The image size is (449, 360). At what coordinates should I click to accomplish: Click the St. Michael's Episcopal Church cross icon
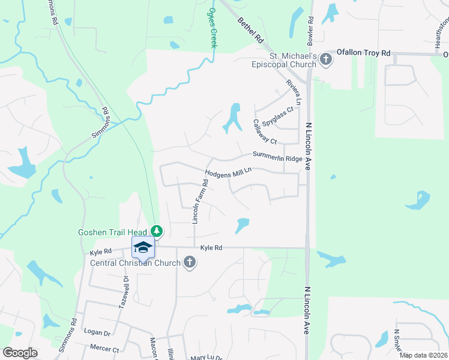coord(325,59)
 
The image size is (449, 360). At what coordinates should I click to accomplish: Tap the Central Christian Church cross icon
coord(189,262)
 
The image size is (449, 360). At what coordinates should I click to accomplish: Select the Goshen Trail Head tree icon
coord(157,231)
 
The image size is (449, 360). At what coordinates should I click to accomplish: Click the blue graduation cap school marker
coord(143,247)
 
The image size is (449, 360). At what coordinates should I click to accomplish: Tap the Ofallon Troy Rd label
coord(363,53)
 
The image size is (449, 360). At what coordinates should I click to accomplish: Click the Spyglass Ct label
coord(278,109)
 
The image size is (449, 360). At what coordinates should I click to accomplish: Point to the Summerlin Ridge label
coord(277,156)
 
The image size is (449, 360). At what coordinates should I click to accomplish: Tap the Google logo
coord(20,353)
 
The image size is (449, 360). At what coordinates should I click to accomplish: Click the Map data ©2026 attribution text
coord(423,355)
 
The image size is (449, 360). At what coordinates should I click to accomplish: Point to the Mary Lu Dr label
coord(207,358)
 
